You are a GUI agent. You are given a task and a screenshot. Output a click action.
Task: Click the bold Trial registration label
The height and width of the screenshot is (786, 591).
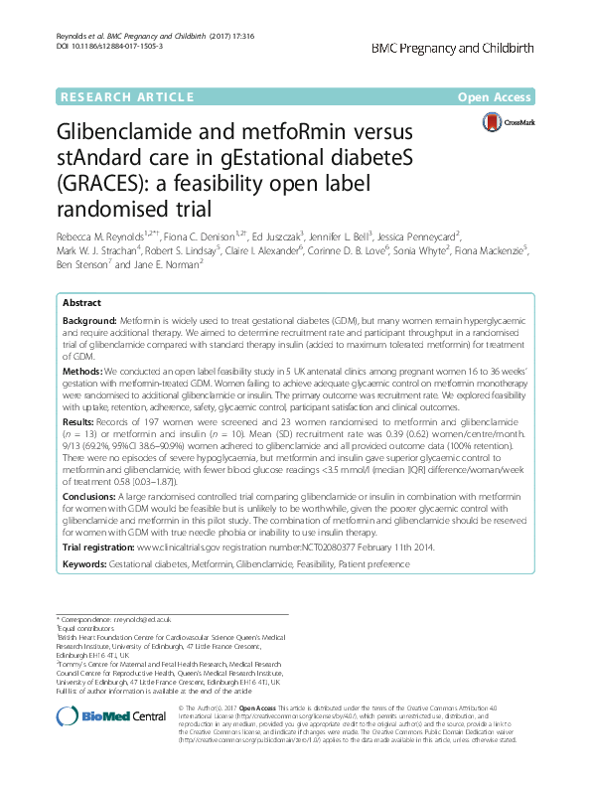click(x=98, y=547)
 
